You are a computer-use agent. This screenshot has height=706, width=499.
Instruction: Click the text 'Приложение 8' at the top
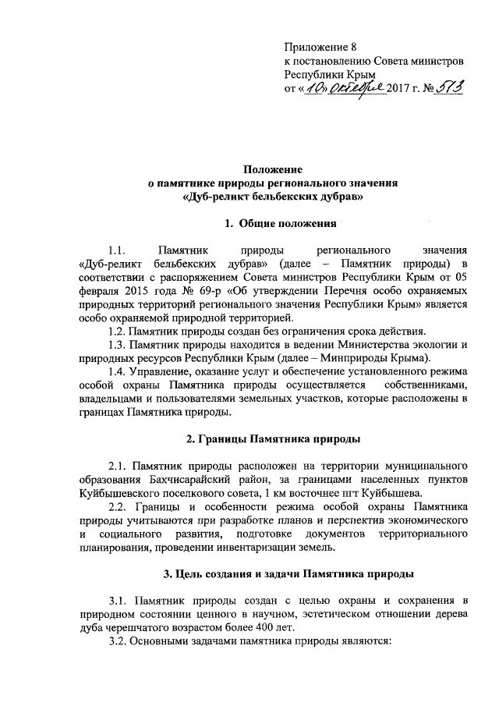(320, 47)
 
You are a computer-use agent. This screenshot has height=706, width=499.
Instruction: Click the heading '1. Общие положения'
(271, 225)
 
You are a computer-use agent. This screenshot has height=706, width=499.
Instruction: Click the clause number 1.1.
(119, 251)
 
